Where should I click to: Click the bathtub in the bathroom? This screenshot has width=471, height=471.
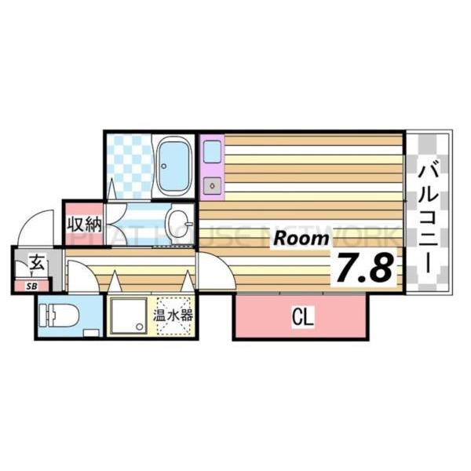pyautogui.click(x=173, y=166)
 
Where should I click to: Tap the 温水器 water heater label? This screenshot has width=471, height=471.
pyautogui.click(x=173, y=317)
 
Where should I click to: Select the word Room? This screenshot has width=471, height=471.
pyautogui.click(x=301, y=239)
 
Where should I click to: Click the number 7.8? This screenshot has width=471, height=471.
pyautogui.click(x=364, y=268)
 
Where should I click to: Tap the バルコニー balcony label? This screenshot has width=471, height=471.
pyautogui.click(x=428, y=217)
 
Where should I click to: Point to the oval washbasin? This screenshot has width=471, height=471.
pyautogui.click(x=180, y=219)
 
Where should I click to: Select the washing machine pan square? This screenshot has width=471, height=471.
pyautogui.click(x=126, y=318)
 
